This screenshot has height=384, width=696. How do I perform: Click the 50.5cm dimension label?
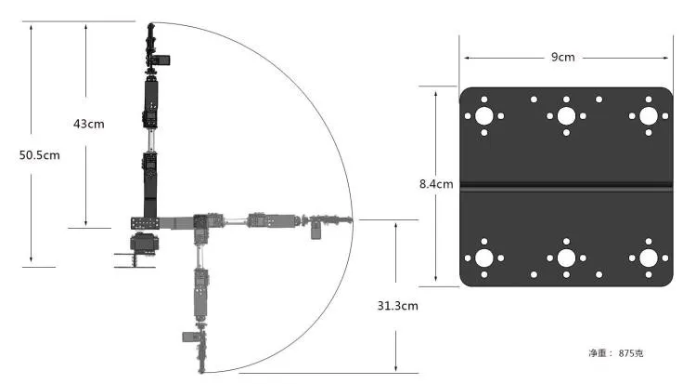tap(39, 155)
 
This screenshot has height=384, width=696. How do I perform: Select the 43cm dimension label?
tap(89, 124)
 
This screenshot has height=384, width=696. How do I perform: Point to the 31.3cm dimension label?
tap(397, 305)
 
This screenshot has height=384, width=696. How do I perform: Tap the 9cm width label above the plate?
tap(563, 58)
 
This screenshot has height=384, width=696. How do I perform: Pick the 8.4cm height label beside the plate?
tap(436, 184)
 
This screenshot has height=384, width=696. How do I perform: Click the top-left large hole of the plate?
tap(483, 116)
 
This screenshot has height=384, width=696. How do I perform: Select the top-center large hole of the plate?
tap(565, 116)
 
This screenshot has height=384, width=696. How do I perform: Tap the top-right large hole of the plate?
tap(646, 116)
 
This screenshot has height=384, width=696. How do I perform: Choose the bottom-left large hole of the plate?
tap(483, 258)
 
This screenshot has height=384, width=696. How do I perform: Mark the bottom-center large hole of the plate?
tap(565, 258)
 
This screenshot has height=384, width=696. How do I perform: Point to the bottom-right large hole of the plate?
tap(646, 258)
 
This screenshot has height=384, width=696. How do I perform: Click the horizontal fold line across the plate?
tap(565, 188)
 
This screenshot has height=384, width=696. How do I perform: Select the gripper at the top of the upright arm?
tap(151, 42)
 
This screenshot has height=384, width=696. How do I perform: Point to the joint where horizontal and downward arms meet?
tap(200, 223)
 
